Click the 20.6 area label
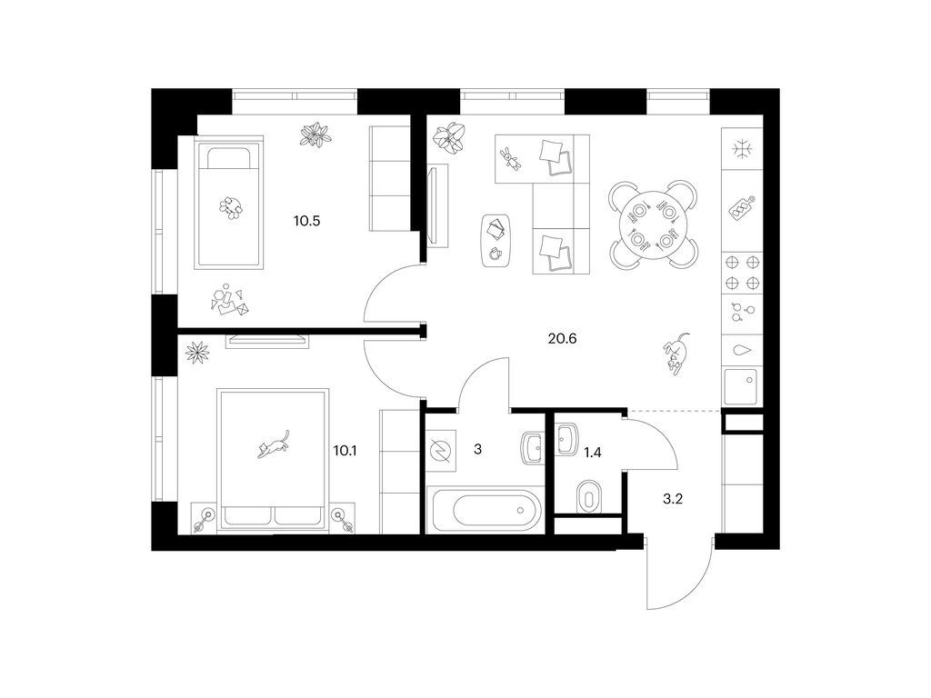562,339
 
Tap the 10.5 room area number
307,222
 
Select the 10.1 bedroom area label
345,451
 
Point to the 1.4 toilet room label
593,453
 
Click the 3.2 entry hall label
673,499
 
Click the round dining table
653,224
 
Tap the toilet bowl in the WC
589,495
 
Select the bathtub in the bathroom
486,510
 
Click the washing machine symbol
441,451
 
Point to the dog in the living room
676,354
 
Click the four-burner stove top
742,273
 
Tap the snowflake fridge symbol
742,149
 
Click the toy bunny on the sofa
511,158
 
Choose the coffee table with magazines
497,241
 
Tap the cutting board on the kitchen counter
742,208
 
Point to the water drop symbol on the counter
742,350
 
